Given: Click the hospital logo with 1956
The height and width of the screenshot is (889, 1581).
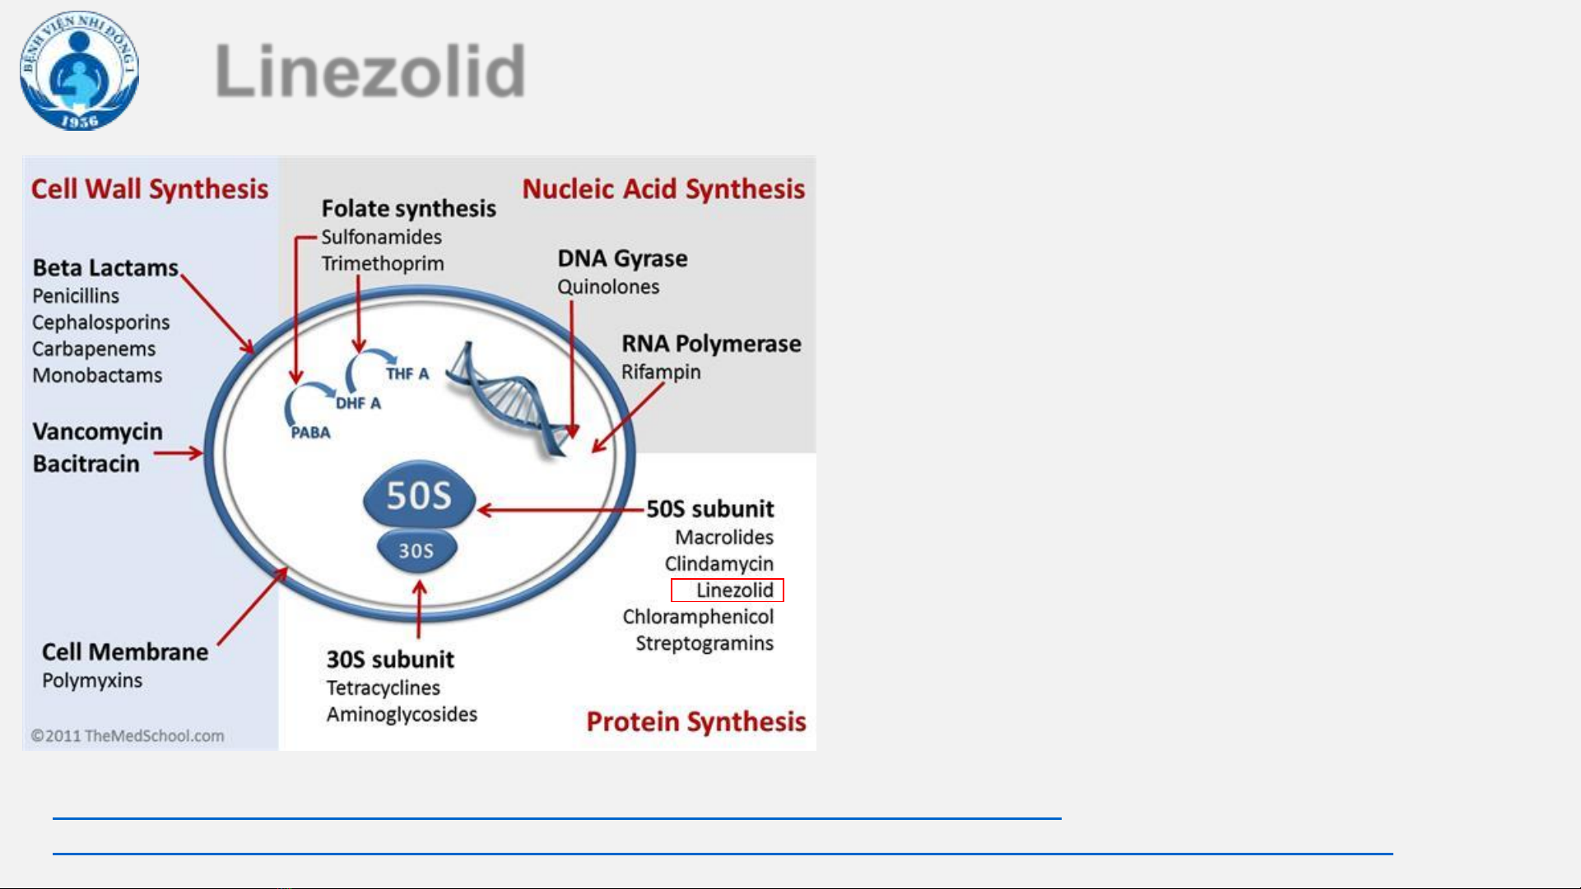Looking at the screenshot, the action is pos(79,71).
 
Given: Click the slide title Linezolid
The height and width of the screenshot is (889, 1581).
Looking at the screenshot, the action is pos(370,71).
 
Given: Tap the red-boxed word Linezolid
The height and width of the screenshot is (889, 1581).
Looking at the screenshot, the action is pos(734,590).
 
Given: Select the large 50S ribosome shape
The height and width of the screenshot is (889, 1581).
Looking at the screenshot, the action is pos(419,494).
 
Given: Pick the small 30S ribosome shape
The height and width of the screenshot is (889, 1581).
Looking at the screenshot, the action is pos(416,550).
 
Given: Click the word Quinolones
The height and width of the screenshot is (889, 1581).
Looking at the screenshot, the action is pos(608,287).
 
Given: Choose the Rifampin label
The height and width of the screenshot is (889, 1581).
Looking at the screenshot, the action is pos(661,373).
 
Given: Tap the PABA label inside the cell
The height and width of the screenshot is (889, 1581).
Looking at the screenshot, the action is pos(310,433).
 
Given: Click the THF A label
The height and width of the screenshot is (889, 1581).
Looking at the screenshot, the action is pos(407,373).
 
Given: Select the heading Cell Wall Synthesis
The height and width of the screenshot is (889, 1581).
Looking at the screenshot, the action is pos(150,189).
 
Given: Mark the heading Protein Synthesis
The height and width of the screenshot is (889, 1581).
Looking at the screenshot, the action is pos(696,722).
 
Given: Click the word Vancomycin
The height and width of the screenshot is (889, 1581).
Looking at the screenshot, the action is pos(98,432).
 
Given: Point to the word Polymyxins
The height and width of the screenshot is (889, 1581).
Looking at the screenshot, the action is pos(92,681).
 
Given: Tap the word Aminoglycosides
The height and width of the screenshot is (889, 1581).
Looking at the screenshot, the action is pos(402,714).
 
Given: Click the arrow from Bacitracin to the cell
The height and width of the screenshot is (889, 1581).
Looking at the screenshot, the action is pos(178,453).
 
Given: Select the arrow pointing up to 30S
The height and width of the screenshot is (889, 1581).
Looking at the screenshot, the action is pos(419,609).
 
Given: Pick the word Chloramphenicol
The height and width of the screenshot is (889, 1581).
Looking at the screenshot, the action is pos(698,617).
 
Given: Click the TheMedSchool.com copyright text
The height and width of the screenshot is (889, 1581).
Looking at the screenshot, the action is pos(128,736).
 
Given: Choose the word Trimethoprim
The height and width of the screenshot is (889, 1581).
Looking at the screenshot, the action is pos(383,264).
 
